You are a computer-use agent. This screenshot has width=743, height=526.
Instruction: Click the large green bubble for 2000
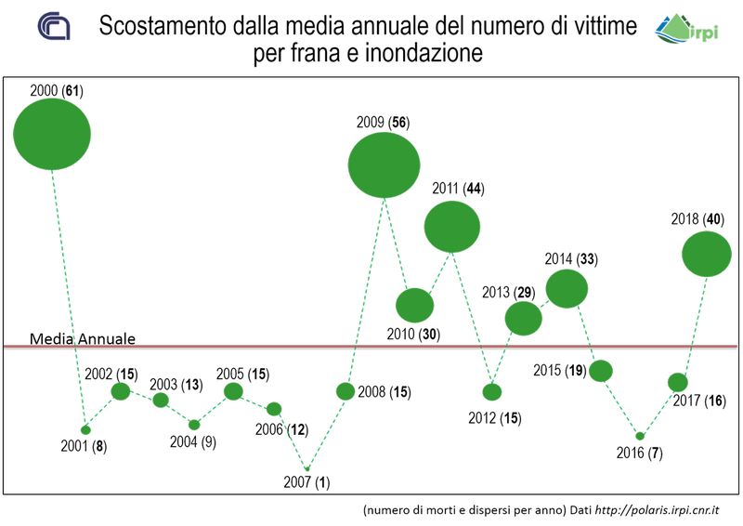click(x=52, y=134)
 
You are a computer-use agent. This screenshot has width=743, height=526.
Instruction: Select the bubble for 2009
click(x=384, y=164)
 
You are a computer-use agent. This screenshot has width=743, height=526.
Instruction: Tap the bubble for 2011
click(x=452, y=226)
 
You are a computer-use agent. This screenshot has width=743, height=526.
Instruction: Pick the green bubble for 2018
click(x=707, y=254)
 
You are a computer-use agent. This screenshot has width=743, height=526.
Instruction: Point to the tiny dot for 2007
click(x=308, y=468)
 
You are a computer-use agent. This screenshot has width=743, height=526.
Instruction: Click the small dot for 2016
click(x=639, y=435)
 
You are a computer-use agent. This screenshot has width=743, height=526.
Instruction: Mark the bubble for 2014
click(x=567, y=288)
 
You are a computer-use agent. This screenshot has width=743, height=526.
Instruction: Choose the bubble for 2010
click(x=414, y=305)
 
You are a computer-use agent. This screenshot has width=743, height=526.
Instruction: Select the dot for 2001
click(x=85, y=429)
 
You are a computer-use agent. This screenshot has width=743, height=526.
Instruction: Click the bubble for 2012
click(x=492, y=392)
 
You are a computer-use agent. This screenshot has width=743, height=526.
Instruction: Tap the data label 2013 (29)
click(x=509, y=293)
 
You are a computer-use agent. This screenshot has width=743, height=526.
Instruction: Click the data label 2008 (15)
click(x=385, y=391)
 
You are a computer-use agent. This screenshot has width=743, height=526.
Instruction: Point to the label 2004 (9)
click(x=192, y=442)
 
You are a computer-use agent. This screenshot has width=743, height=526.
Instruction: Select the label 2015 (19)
click(x=559, y=370)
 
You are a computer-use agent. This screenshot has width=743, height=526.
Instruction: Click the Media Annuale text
click(x=83, y=338)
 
